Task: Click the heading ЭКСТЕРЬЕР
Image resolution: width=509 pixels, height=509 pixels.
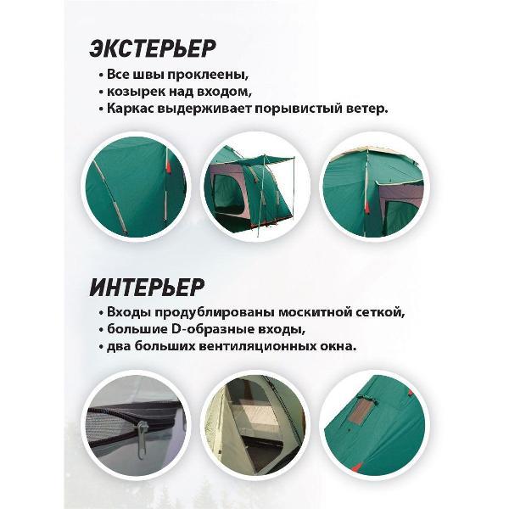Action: tap(152, 48)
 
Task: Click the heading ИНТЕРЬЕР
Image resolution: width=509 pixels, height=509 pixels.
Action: tap(147, 288)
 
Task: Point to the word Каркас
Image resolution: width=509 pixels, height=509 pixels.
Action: tap(131, 109)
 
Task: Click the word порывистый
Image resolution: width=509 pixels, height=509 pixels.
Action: tap(294, 109)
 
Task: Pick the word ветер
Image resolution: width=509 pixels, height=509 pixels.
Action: tap(363, 109)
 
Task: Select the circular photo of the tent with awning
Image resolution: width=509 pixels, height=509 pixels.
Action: tap(255, 187)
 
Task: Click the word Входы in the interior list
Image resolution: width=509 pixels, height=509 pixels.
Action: tap(129, 312)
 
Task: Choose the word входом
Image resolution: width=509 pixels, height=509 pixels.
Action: tap(230, 92)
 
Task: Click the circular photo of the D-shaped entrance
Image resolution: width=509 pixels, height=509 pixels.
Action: tap(255, 424)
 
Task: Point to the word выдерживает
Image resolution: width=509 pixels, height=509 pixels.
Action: tap(204, 109)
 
